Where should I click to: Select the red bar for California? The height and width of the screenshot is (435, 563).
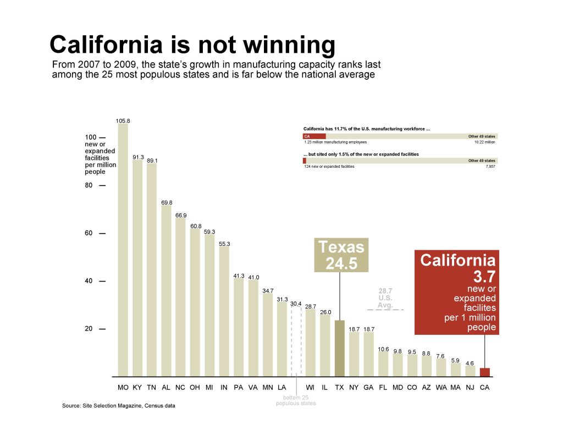click(x=484, y=372)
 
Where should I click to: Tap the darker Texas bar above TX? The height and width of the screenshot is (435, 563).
click(x=339, y=348)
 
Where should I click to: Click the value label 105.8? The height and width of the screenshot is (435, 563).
click(x=123, y=120)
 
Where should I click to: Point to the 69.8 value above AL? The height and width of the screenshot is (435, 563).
click(x=167, y=202)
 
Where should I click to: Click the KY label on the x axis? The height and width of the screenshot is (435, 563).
click(x=137, y=387)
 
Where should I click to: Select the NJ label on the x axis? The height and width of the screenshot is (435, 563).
click(x=470, y=387)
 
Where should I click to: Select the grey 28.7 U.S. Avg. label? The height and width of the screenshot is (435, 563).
click(x=385, y=298)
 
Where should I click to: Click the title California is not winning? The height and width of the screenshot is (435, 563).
click(x=192, y=45)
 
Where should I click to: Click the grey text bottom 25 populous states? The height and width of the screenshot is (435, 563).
click(x=296, y=400)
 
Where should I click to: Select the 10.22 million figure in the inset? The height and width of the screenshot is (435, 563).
click(x=484, y=142)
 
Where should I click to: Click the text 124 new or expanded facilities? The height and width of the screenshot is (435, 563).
click(x=329, y=166)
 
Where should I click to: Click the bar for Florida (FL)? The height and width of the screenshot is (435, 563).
click(x=383, y=364)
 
